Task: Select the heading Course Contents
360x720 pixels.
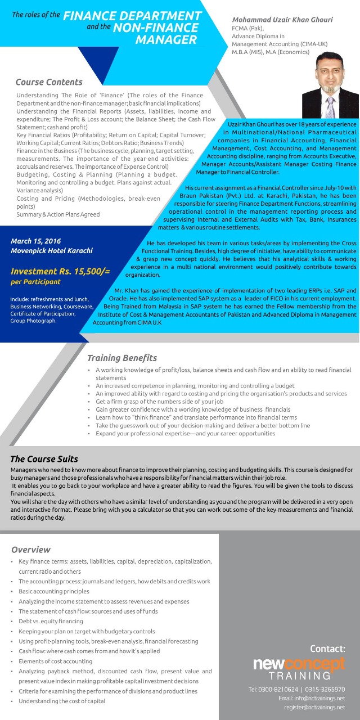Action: [49, 82]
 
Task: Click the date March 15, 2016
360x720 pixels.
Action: [35, 241]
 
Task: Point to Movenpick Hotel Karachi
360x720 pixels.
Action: [52, 250]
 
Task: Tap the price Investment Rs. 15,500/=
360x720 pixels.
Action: [60, 271]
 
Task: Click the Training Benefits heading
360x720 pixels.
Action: [122, 358]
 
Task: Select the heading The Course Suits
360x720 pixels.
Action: [44, 459]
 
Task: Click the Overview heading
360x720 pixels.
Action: [31, 550]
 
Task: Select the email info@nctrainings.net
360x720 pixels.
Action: [312, 698]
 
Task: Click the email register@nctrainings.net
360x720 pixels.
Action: [314, 707]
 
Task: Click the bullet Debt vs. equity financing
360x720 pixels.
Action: [51, 621]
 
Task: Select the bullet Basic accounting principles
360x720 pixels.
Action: [53, 591]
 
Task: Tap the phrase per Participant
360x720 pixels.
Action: [35, 281]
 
